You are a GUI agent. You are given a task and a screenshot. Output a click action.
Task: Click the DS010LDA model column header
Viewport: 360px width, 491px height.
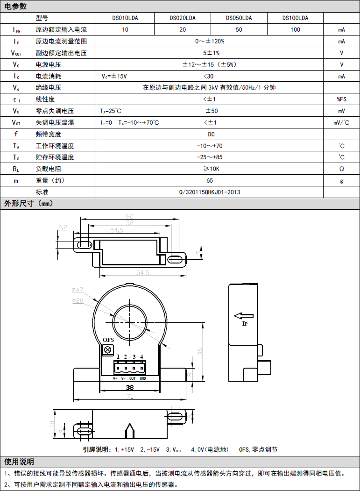(125, 18)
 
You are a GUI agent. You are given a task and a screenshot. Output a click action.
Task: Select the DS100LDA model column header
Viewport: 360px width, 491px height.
(295, 18)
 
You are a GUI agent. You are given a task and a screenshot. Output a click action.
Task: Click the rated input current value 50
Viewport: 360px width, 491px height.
(239, 30)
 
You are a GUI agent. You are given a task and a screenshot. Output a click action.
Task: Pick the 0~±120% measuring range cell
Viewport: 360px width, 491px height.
(210, 41)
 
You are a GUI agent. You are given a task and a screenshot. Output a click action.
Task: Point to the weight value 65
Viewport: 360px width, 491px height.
(210, 180)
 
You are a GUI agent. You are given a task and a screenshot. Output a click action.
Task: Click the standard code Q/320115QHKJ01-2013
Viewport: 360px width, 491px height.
(210, 192)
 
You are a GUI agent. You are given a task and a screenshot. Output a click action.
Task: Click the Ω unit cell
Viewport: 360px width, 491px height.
(341, 169)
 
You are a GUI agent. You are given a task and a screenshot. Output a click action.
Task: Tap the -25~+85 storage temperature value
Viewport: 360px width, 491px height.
(210, 157)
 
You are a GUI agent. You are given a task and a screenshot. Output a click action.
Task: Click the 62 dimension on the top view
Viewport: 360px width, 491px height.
(129, 216)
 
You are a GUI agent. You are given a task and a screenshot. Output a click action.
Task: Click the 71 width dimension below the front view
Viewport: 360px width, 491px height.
(130, 397)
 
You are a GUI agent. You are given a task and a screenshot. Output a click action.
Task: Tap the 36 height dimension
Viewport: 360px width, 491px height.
(200, 352)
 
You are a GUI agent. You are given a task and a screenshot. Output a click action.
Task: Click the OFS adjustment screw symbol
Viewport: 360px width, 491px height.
(108, 349)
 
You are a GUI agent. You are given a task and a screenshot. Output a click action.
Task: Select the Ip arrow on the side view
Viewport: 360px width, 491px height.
(243, 316)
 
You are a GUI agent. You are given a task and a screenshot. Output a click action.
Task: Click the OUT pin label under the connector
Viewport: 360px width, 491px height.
(133, 378)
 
